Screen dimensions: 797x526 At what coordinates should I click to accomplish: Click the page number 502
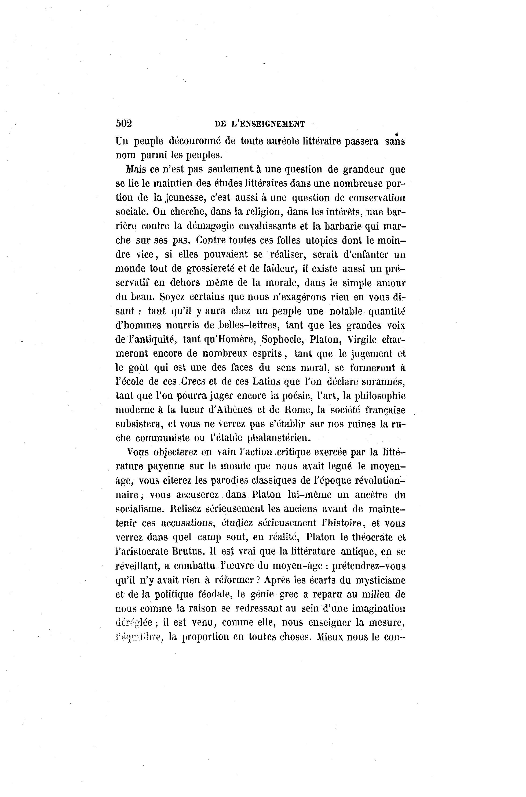click(x=124, y=124)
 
